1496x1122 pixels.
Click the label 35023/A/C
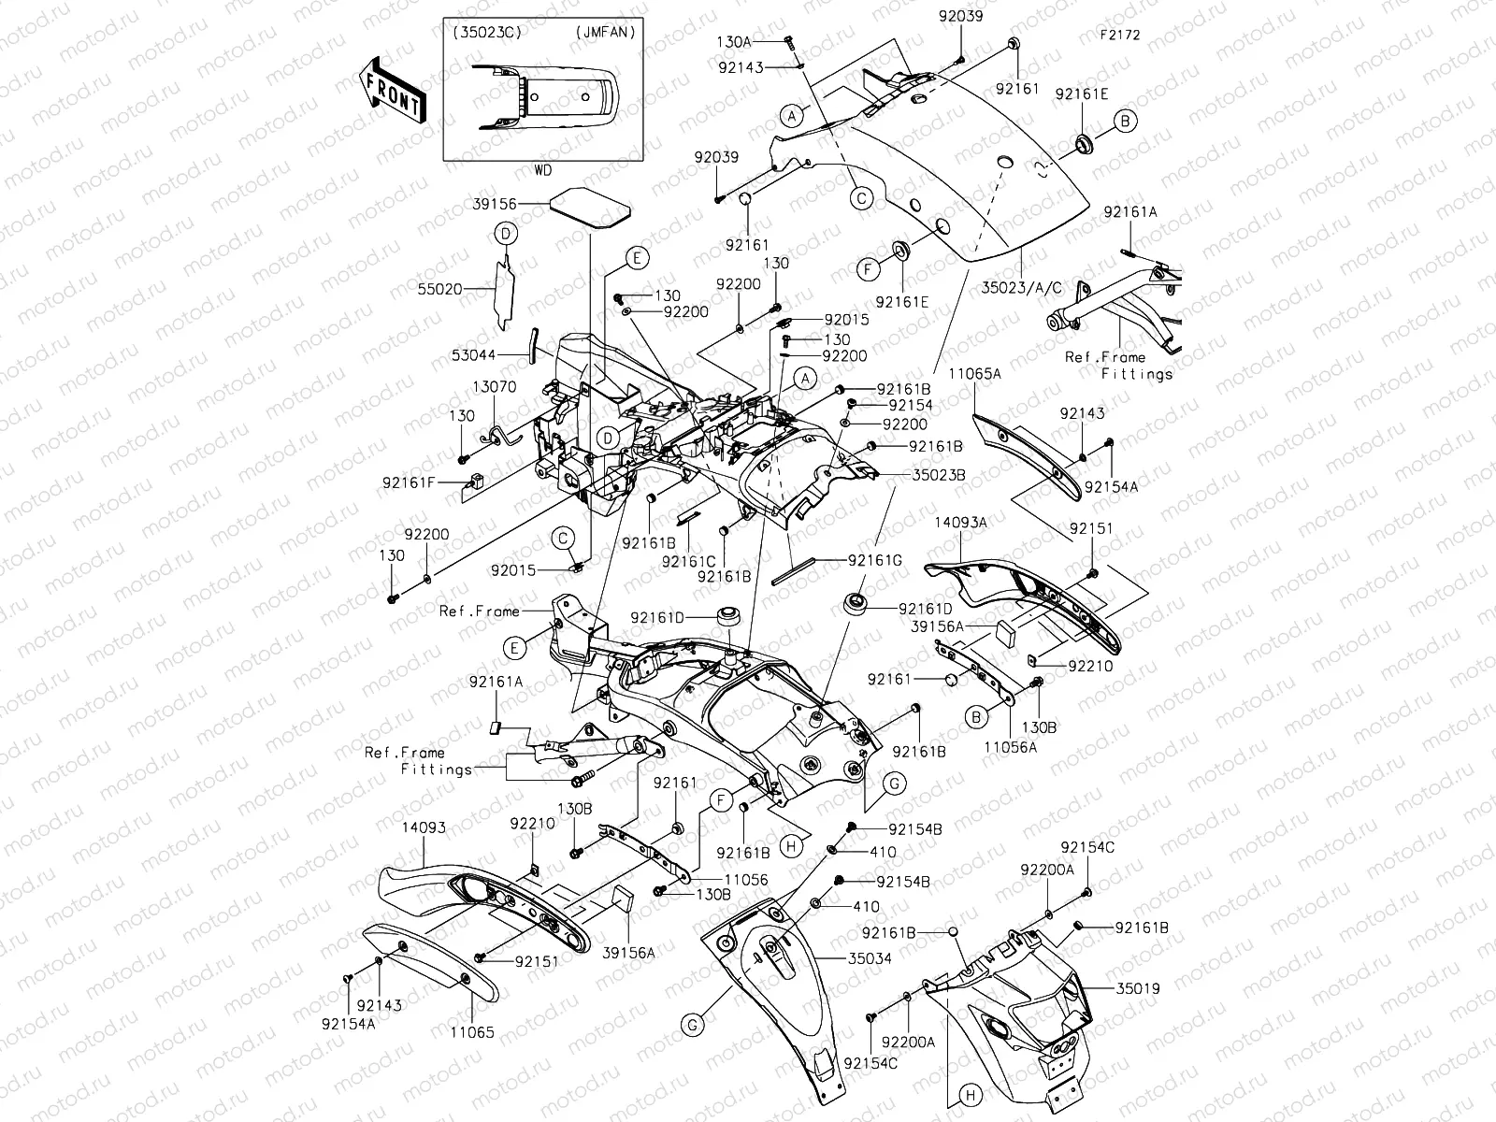click(1025, 287)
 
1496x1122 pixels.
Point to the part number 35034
click(870, 958)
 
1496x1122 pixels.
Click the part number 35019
click(1137, 986)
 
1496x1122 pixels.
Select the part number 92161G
click(875, 560)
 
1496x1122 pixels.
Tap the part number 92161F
click(409, 482)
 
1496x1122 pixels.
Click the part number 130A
click(760, 42)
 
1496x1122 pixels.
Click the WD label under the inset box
click(542, 171)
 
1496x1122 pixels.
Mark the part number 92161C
click(687, 560)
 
